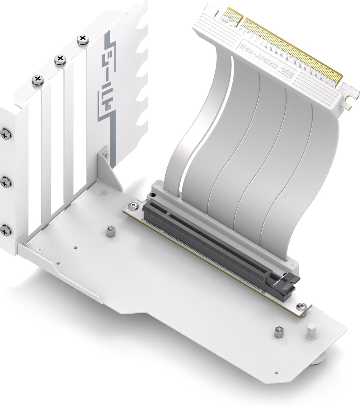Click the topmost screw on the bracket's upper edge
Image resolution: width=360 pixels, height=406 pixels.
(x=83, y=39)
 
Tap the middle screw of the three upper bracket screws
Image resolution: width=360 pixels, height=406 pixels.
(x=60, y=59)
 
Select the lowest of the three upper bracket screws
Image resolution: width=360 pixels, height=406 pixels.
(x=37, y=80)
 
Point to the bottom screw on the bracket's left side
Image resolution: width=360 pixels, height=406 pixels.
(x=6, y=230)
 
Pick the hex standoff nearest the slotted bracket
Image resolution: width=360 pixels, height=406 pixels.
(x=111, y=232)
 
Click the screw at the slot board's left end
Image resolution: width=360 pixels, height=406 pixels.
(x=132, y=206)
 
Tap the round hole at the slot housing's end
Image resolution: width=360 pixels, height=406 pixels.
(x=154, y=196)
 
